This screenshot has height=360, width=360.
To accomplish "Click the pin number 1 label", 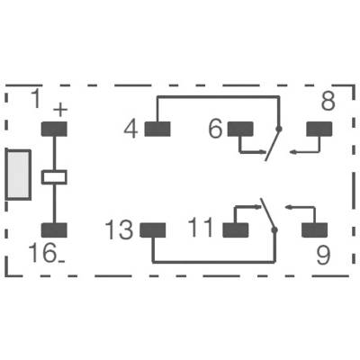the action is point(36,99).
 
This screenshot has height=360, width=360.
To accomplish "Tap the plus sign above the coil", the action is point(60,110).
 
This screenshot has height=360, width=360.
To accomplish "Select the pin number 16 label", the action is point(42,253).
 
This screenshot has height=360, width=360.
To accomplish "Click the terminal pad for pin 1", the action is point(54,129).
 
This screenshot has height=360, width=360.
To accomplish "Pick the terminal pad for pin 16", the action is point(54,230).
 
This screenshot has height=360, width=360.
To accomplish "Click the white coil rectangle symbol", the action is point(54,177).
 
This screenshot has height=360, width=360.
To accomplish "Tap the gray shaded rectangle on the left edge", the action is point(19,175).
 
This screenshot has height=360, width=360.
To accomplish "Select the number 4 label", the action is point(131,130).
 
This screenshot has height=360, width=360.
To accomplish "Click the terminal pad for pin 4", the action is point(157,129).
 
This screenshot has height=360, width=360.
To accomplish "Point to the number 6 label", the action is point(216,129).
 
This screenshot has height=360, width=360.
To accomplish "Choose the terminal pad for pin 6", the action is point(240,129).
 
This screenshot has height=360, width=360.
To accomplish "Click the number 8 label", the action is point(328,101).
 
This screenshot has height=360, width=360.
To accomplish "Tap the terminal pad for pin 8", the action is point(319,129).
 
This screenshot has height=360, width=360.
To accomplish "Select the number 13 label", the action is point(119,230).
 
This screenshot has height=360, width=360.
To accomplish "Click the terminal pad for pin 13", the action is point(153,230).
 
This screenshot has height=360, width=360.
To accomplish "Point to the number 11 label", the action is point(201,227).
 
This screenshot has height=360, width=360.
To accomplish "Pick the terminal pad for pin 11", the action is point(236,230).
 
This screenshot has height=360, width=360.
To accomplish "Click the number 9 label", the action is point(323,256).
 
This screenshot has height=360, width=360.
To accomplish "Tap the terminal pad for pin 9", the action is point(314,230).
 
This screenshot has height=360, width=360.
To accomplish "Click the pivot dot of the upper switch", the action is point(279,130).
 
